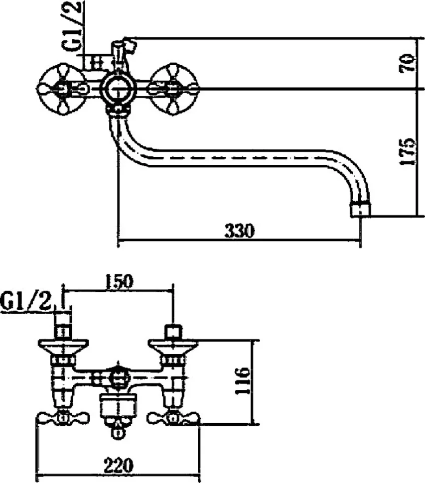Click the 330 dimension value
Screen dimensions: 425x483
click(240, 231)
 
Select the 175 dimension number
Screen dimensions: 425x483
click(408, 152)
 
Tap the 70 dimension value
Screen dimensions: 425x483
click(408, 63)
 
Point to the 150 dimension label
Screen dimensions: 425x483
click(119, 281)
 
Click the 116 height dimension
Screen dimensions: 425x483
click(243, 381)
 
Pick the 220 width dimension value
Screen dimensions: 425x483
click(119, 465)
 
